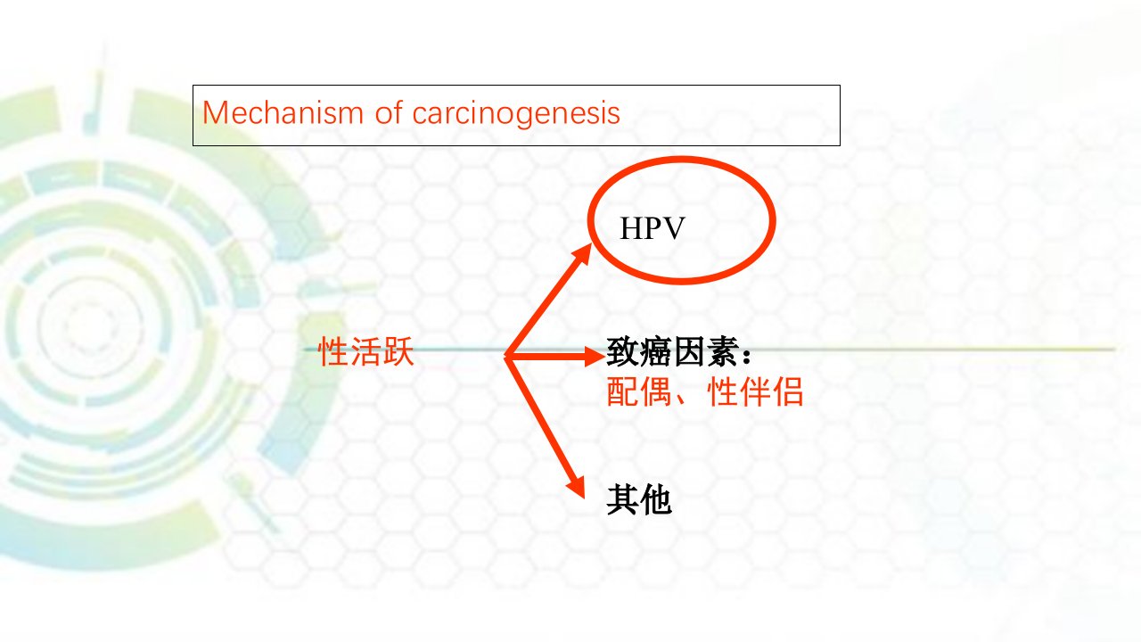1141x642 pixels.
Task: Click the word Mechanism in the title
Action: [283, 112]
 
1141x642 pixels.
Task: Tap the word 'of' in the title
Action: [388, 112]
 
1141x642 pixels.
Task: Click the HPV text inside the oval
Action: [652, 228]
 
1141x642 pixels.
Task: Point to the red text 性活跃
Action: [365, 351]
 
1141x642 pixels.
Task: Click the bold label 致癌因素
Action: [672, 351]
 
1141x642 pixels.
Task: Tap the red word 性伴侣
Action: [755, 391]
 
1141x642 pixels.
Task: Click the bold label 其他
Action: [639, 500]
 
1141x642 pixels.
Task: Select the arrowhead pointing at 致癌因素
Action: [595, 356]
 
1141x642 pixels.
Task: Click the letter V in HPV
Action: [673, 228]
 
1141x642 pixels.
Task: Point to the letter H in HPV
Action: [631, 228]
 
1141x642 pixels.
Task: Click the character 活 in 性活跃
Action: [365, 351]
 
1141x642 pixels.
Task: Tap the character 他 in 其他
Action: [655, 500]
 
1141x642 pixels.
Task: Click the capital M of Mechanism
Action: [215, 112]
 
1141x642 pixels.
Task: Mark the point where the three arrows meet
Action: [505, 356]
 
